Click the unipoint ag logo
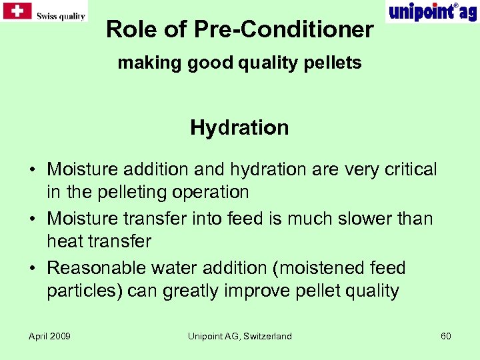coord(431,12)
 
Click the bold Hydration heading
coord(239,127)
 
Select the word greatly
coord(193,291)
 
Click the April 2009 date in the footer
coord(49,336)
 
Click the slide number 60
coord(445,336)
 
